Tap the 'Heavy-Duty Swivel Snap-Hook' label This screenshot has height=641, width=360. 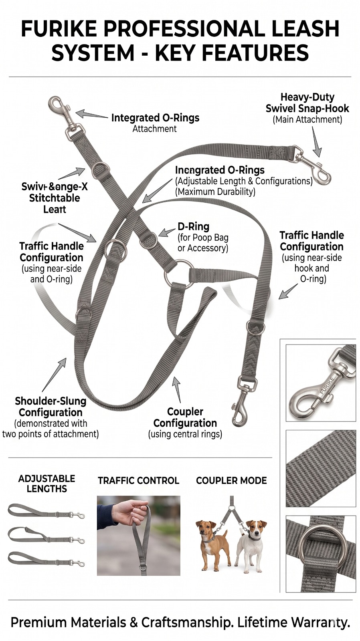307,103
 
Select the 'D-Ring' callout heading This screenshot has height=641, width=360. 194,226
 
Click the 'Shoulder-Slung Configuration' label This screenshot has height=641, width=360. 51,407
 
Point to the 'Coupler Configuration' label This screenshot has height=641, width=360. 185,417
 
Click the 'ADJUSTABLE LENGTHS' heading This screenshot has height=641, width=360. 47,484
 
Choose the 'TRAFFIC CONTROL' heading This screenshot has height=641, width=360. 138,480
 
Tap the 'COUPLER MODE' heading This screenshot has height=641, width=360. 231,480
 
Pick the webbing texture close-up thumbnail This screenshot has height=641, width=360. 321,468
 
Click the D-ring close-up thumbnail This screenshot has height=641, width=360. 321,554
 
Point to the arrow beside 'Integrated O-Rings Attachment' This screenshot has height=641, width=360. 91,115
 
